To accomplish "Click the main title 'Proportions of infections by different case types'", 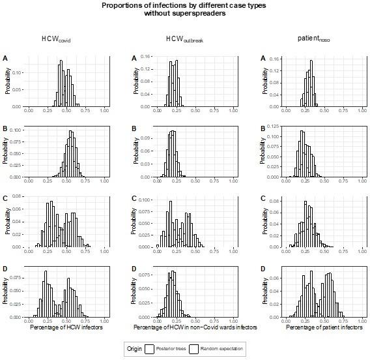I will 184,5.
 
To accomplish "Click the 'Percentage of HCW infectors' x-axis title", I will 66,327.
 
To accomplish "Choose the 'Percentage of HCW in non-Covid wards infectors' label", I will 195,327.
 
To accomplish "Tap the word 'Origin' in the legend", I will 134,349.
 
